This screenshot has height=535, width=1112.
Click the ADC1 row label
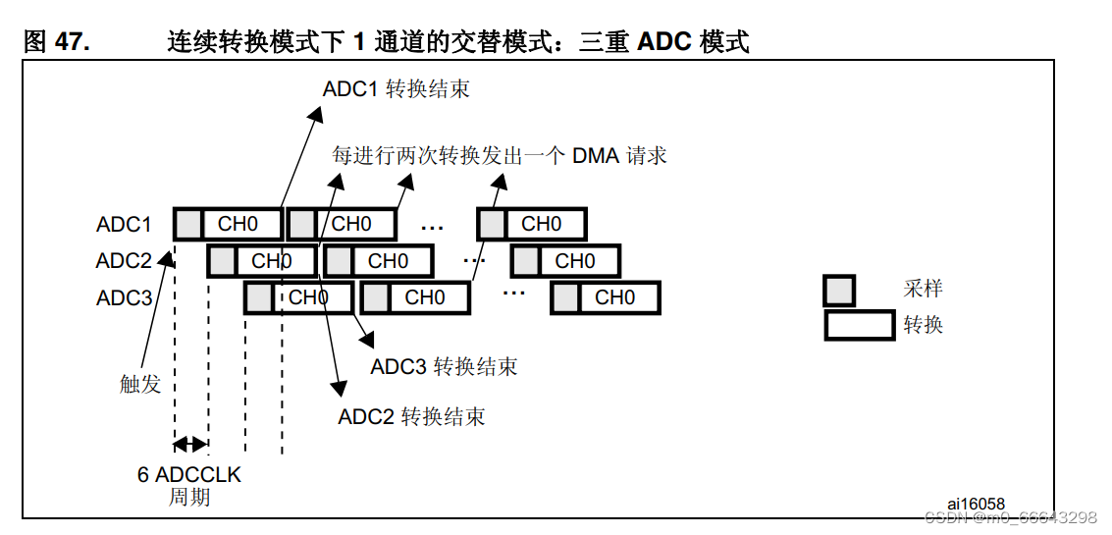click(x=124, y=225)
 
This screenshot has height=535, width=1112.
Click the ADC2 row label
click(x=124, y=261)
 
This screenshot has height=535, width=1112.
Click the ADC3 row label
click(x=124, y=297)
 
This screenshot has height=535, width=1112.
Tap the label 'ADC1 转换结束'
click(x=396, y=89)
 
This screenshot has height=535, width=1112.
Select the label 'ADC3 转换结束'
click(x=444, y=367)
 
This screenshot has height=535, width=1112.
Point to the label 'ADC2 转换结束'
click(x=411, y=416)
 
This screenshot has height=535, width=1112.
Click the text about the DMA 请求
click(x=499, y=156)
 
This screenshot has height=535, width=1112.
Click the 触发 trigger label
click(x=140, y=384)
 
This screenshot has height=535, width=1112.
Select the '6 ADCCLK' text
click(x=188, y=475)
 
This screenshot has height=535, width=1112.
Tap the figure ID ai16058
click(x=976, y=504)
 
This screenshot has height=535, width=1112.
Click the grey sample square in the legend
click(x=838, y=291)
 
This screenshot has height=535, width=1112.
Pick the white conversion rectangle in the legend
click(x=859, y=325)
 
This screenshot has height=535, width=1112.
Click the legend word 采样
click(x=923, y=289)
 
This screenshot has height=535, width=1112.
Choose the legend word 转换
click(x=923, y=324)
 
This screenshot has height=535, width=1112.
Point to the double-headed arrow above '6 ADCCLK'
click(x=190, y=443)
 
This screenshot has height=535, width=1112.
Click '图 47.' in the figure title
click(x=56, y=41)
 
